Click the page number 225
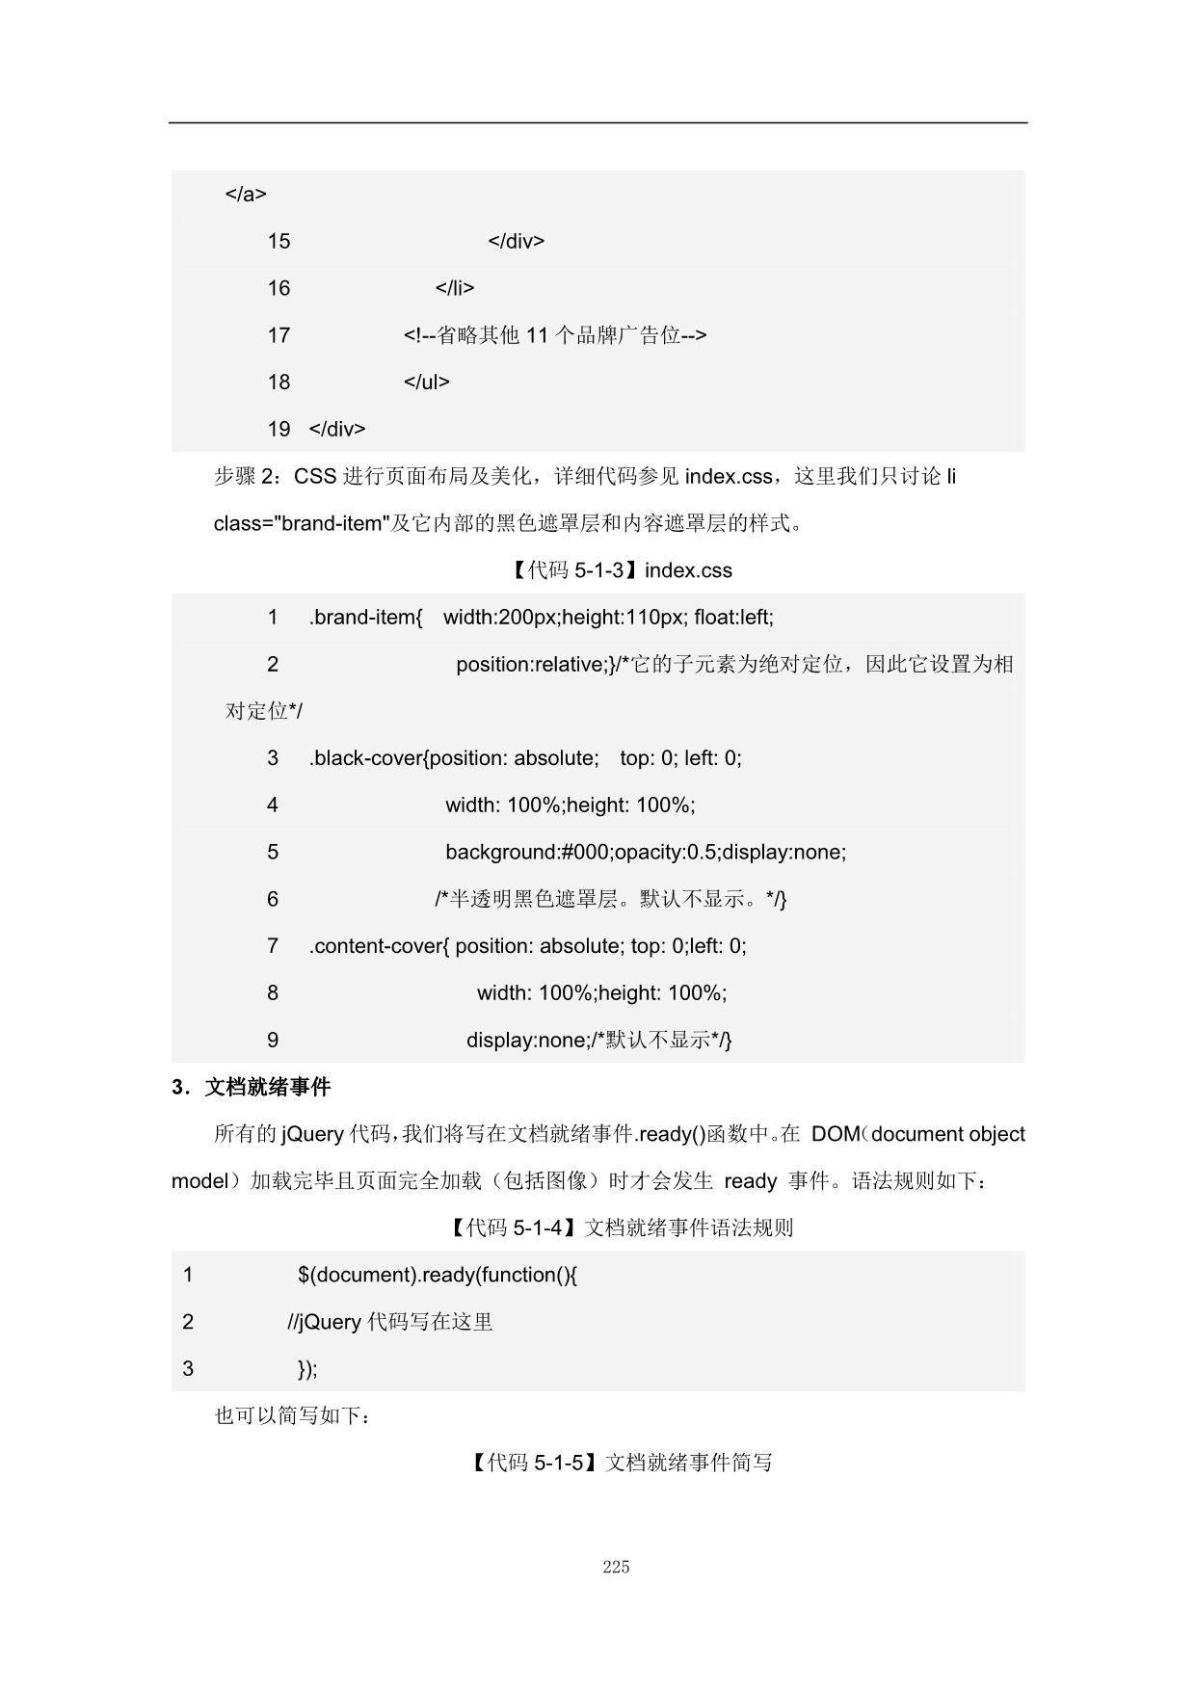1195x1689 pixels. [x=616, y=1566]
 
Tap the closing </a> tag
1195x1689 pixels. [x=246, y=194]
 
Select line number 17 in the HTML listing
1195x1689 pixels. [x=279, y=335]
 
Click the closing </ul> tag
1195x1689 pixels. [x=427, y=382]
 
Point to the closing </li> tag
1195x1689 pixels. [x=455, y=288]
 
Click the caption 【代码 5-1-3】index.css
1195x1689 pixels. [x=620, y=570]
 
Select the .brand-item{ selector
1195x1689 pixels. [x=365, y=617]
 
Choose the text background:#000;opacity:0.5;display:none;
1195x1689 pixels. [x=646, y=852]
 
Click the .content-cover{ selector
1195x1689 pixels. [x=379, y=946]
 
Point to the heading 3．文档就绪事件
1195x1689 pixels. [x=251, y=1087]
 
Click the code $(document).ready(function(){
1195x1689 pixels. [x=438, y=1275]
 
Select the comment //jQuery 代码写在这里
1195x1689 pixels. [x=390, y=1322]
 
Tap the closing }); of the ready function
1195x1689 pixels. [x=307, y=1369]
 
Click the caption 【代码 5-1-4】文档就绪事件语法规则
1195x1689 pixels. [x=620, y=1227]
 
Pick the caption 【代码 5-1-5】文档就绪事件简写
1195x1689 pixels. [x=622, y=1463]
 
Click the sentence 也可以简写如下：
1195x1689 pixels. [x=292, y=1415]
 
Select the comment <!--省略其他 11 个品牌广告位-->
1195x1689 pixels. [x=555, y=335]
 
